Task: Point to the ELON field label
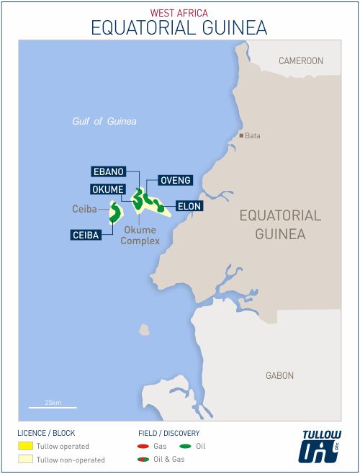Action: (188, 206)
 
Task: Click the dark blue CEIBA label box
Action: (86, 235)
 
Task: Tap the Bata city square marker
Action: (242, 135)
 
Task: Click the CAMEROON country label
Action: (301, 61)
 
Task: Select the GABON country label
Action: (279, 375)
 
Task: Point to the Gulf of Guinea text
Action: (104, 121)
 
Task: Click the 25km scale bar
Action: (53, 407)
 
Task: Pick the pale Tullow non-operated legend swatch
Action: (25, 460)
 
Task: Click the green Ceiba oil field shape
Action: (114, 213)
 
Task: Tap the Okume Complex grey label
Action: (140, 236)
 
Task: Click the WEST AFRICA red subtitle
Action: (179, 13)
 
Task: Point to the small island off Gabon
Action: (144, 330)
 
